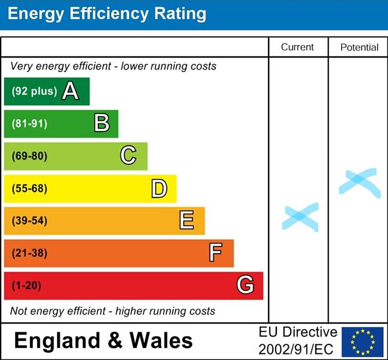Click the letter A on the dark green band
pyautogui.click(x=70, y=91)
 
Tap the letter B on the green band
pyautogui.click(x=102, y=124)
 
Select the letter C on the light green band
pyautogui.click(x=128, y=156)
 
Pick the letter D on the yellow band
pyautogui.click(x=159, y=189)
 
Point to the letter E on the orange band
pyautogui.click(x=187, y=221)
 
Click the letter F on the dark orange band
pyautogui.click(x=216, y=253)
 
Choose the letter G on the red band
pyautogui.click(x=245, y=285)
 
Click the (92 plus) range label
pyautogui.click(x=34, y=92)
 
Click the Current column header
pyautogui.click(x=297, y=47)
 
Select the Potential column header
pyautogui.click(x=359, y=47)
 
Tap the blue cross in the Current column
pyautogui.click(x=300, y=217)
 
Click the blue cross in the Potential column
pyautogui.click(x=359, y=182)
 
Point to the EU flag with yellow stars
pyautogui.click(x=363, y=341)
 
